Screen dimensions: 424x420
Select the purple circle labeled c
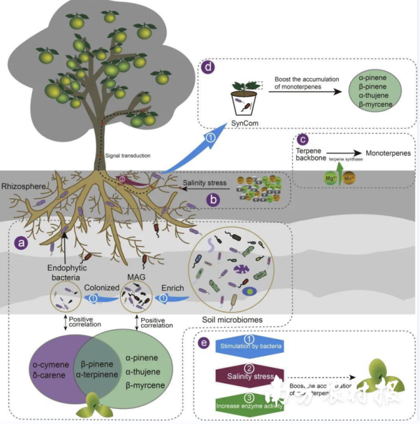(x=303, y=139)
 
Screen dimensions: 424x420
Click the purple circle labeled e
(x=205, y=343)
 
